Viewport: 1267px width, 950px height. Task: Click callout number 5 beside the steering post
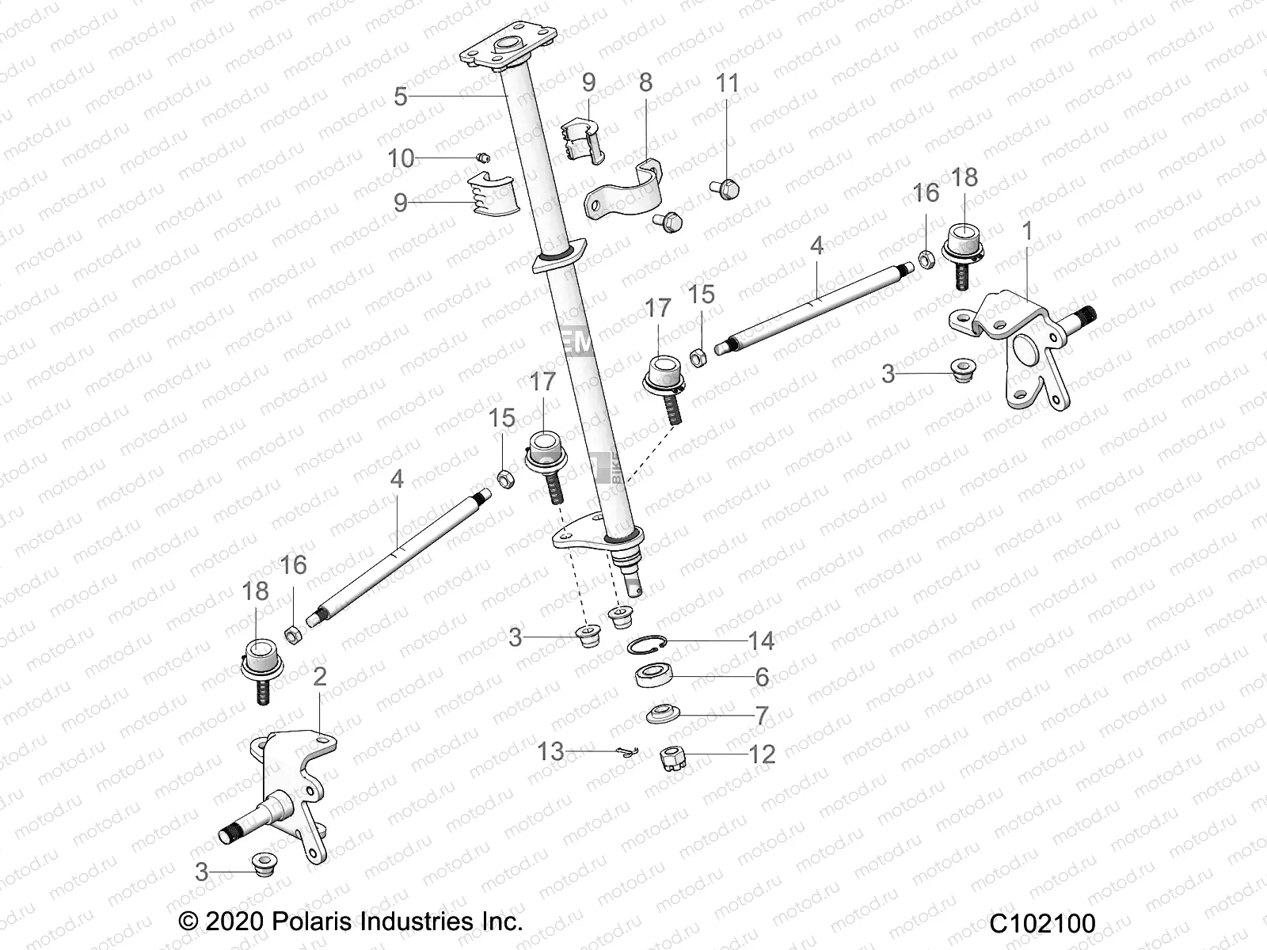click(401, 97)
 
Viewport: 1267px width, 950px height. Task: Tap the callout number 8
click(645, 82)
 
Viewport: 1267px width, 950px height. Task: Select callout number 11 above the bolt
click(727, 82)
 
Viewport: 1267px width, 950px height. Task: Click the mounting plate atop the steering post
click(499, 51)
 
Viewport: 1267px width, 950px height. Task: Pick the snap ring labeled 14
click(649, 645)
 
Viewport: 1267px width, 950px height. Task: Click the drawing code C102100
click(1041, 923)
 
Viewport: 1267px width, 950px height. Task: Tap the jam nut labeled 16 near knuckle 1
click(926, 258)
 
